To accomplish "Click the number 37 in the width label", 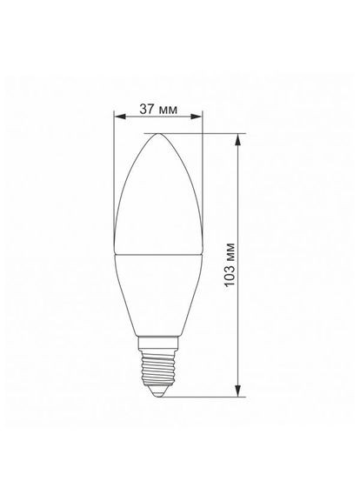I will [x=147, y=110].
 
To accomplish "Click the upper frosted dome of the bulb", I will [x=159, y=200].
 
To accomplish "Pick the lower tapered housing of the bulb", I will [x=157, y=296].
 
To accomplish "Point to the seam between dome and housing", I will [x=159, y=255].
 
